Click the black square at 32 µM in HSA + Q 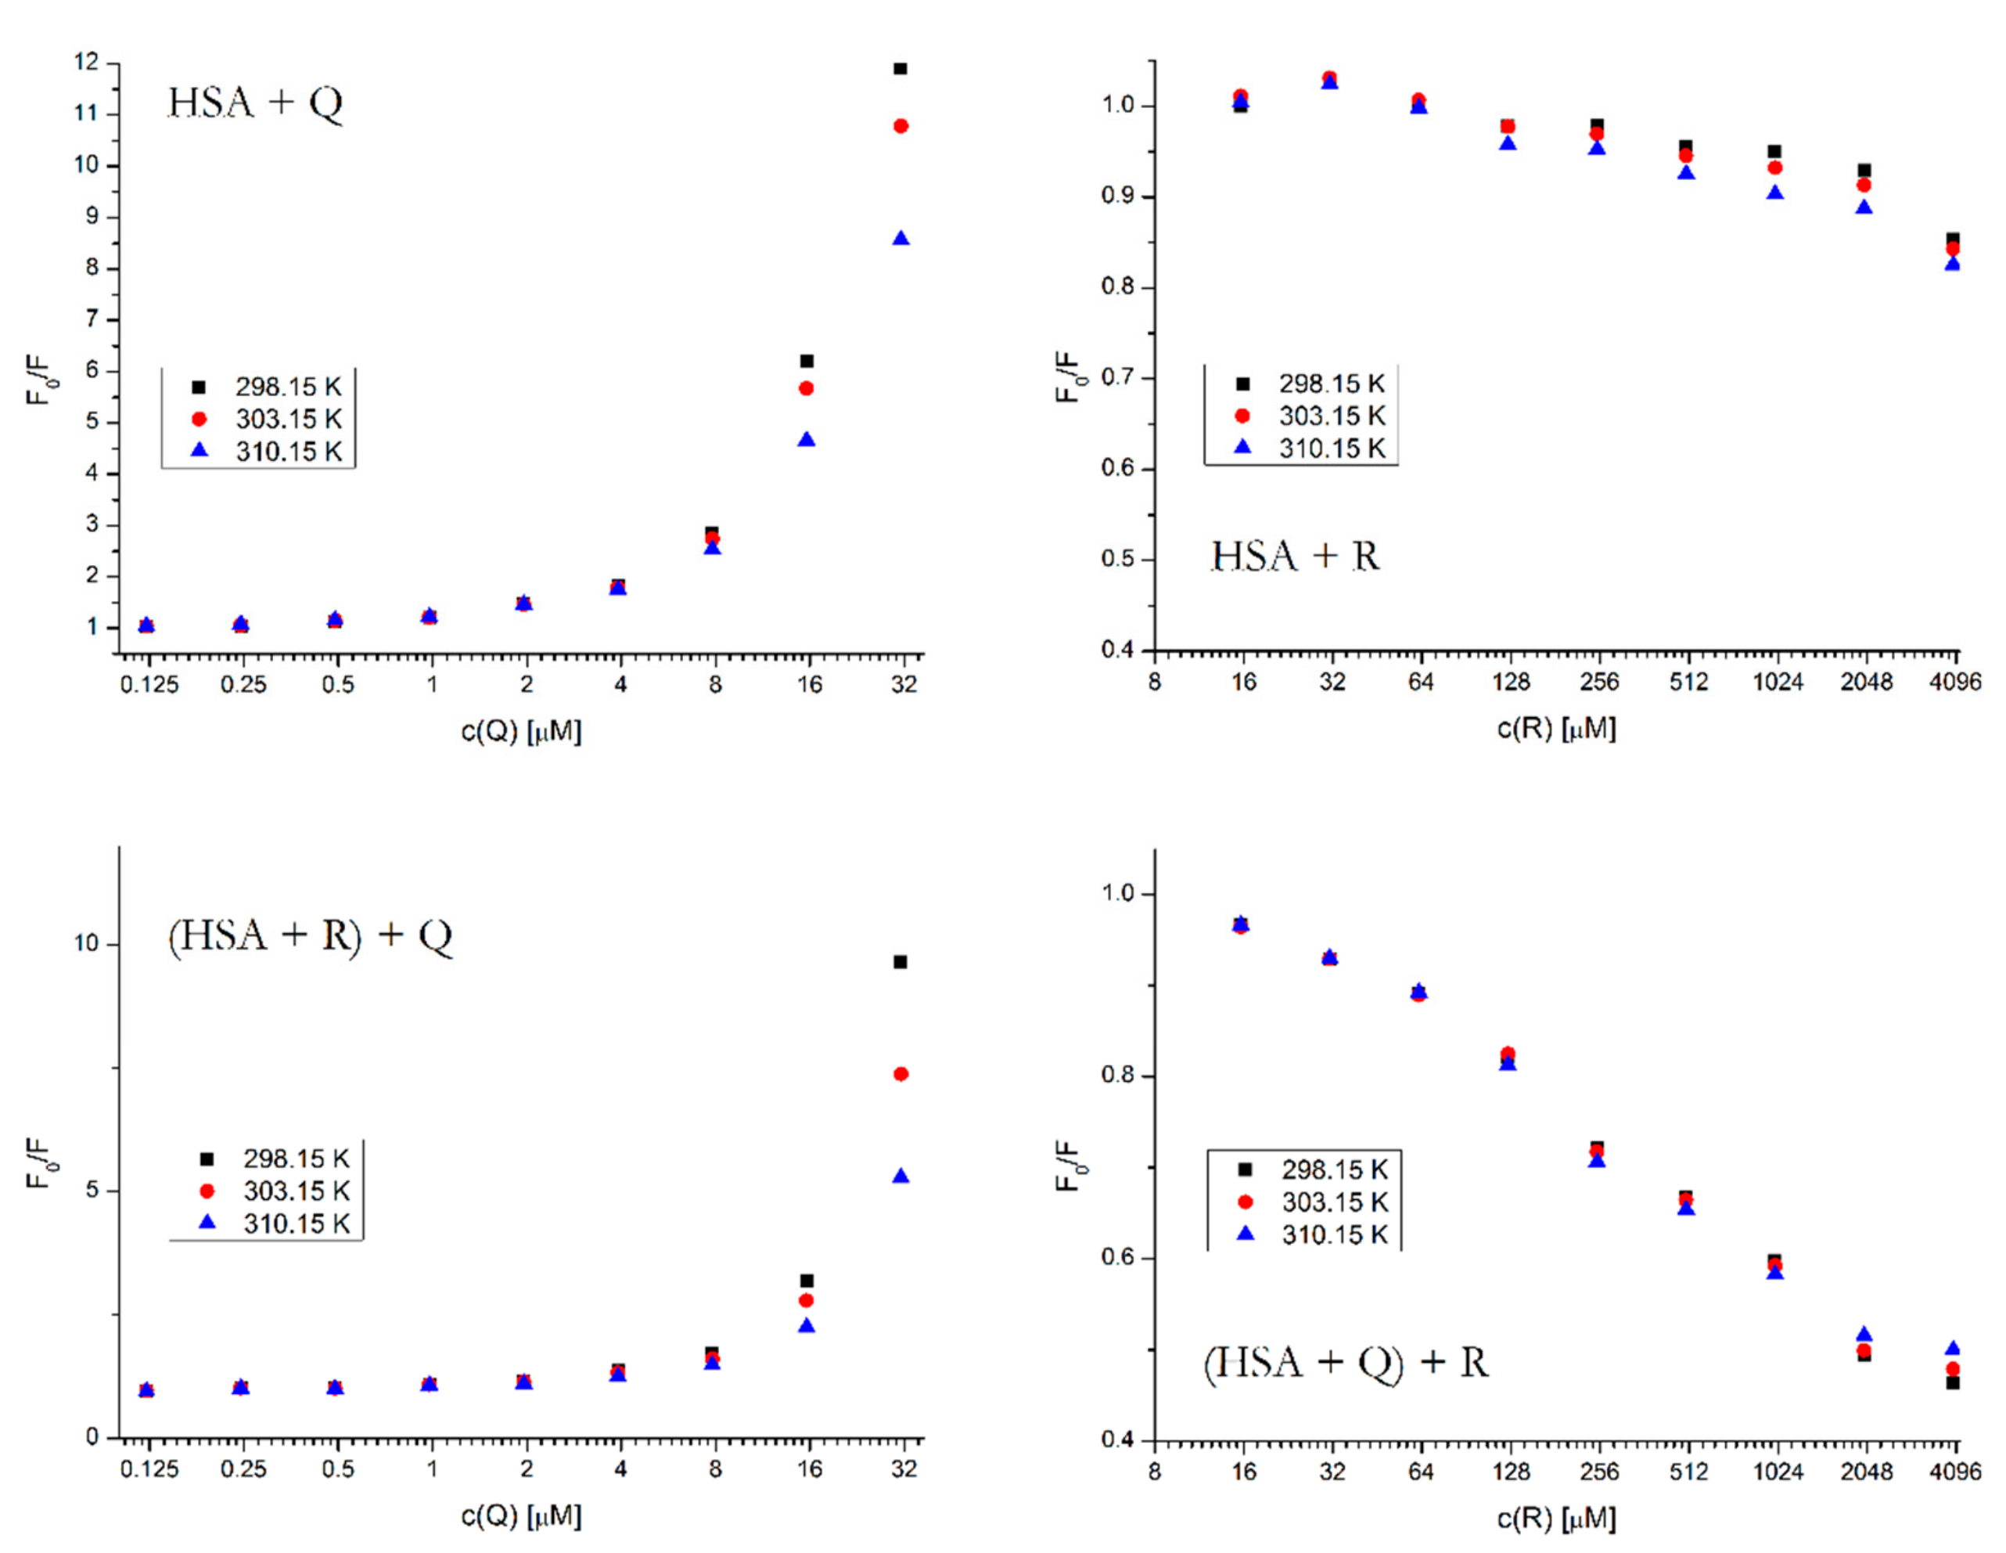click(x=901, y=69)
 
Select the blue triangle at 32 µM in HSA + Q click(x=901, y=239)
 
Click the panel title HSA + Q click(x=255, y=102)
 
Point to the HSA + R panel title click(x=1295, y=556)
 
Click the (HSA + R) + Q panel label click(x=311, y=935)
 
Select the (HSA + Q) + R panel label click(x=1346, y=1363)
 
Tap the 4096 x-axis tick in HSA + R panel click(x=1954, y=682)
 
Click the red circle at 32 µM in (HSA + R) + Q click(x=901, y=1074)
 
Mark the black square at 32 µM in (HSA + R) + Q click(x=901, y=962)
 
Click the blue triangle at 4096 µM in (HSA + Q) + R click(x=1953, y=1349)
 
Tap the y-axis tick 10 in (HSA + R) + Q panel click(x=86, y=944)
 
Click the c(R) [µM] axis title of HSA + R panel click(x=1556, y=729)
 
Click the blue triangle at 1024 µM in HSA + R click(x=1774, y=193)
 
